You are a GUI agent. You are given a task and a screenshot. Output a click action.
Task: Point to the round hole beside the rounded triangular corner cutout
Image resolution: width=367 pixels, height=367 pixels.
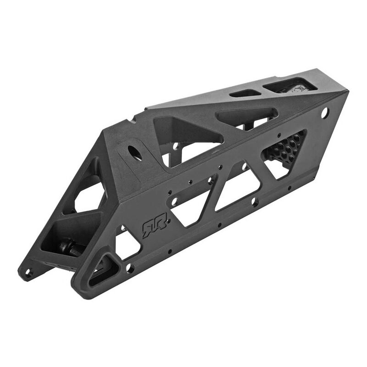tap(130, 267)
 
